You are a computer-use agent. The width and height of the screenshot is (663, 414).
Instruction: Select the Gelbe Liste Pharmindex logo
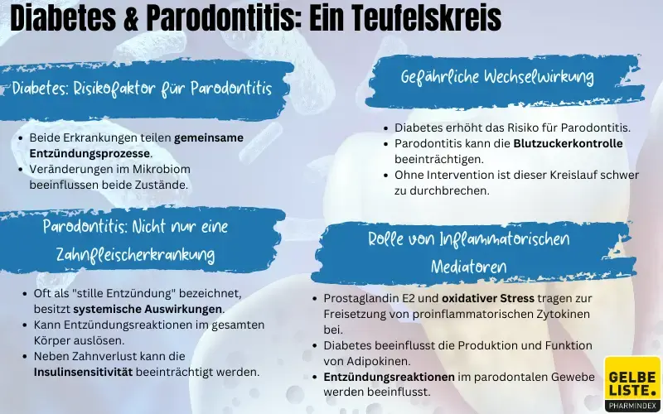[x=632, y=383]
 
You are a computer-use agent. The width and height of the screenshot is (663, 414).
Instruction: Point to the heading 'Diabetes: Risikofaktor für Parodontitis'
[x=142, y=89]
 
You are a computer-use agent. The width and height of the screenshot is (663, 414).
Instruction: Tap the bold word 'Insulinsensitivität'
[x=82, y=372]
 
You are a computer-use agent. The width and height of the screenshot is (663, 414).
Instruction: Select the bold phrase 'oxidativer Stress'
[x=488, y=297]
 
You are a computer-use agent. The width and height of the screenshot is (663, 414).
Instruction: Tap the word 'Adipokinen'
[x=383, y=360]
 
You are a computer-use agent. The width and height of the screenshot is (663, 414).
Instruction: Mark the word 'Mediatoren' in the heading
[x=468, y=267]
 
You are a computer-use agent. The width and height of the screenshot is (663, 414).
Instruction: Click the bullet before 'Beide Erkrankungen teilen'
[x=20, y=137]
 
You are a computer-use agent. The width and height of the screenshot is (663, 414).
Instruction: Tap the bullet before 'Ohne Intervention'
[x=385, y=175]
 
